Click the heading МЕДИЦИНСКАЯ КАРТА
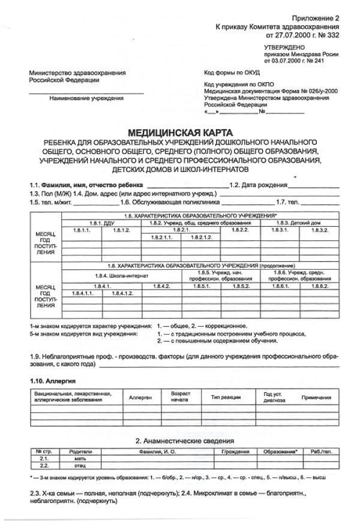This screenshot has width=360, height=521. [180, 132]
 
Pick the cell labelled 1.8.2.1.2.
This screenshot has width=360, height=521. [201, 237]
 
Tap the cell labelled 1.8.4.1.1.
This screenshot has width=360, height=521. [82, 293]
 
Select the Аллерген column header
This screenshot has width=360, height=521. [140, 397]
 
